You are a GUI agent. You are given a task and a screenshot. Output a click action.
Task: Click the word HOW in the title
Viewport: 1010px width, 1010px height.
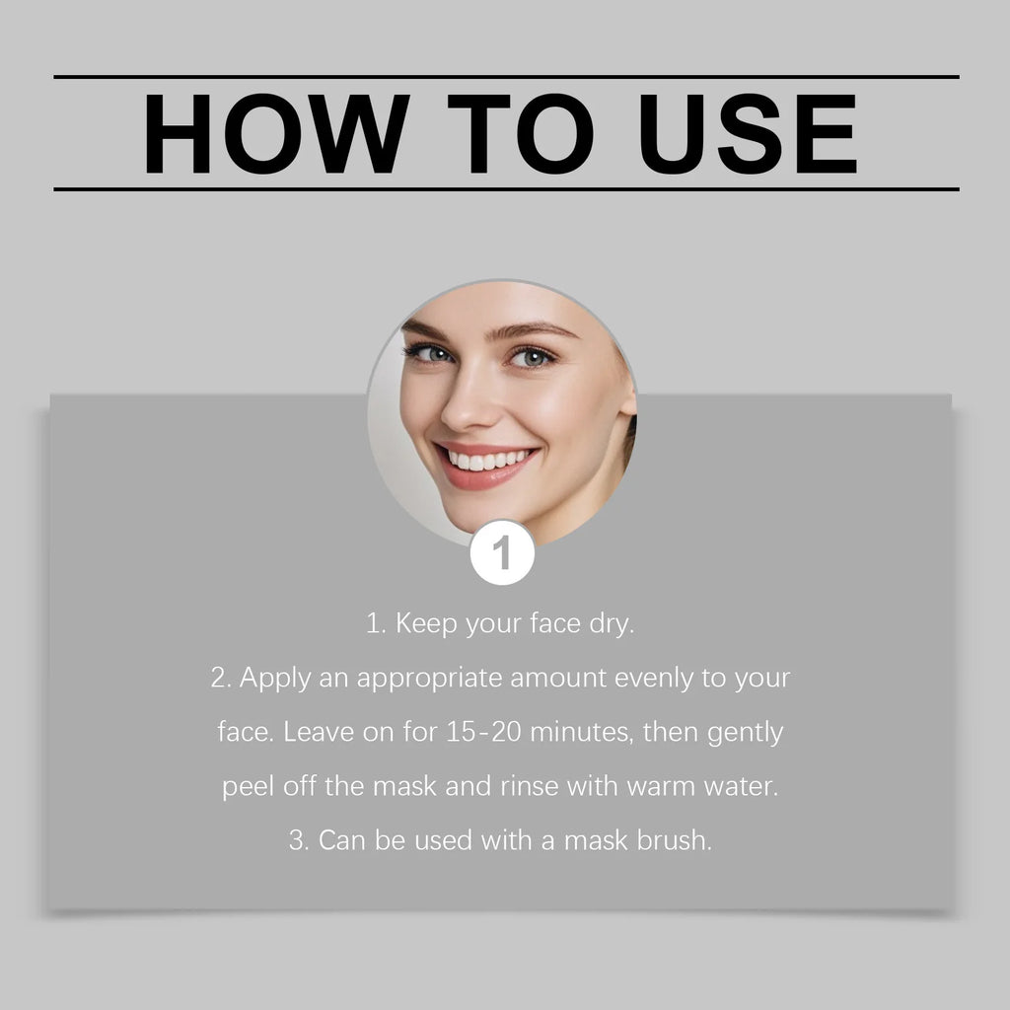(276, 133)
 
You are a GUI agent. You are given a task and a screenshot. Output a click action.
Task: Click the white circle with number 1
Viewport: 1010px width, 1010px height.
(502, 553)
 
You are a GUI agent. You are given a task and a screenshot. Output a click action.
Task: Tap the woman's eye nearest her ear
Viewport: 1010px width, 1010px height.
(533, 357)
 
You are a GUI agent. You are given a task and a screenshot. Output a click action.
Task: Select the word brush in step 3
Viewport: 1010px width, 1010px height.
(676, 842)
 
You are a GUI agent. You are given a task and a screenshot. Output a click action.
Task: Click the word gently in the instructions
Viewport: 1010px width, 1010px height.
(745, 734)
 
